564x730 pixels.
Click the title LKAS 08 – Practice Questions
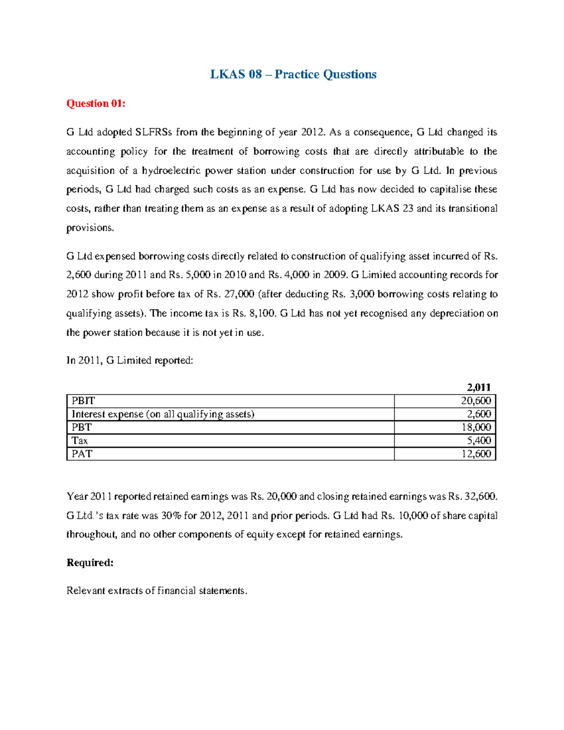coord(293,74)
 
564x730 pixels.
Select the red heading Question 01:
coord(96,103)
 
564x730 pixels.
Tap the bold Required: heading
coord(90,563)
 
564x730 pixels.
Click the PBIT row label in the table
coord(83,401)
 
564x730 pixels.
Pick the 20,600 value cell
coord(476,401)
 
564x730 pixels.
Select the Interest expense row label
coord(163,414)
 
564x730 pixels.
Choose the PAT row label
coord(82,454)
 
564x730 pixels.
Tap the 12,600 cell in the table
coord(476,454)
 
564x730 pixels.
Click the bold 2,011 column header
coord(478,387)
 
